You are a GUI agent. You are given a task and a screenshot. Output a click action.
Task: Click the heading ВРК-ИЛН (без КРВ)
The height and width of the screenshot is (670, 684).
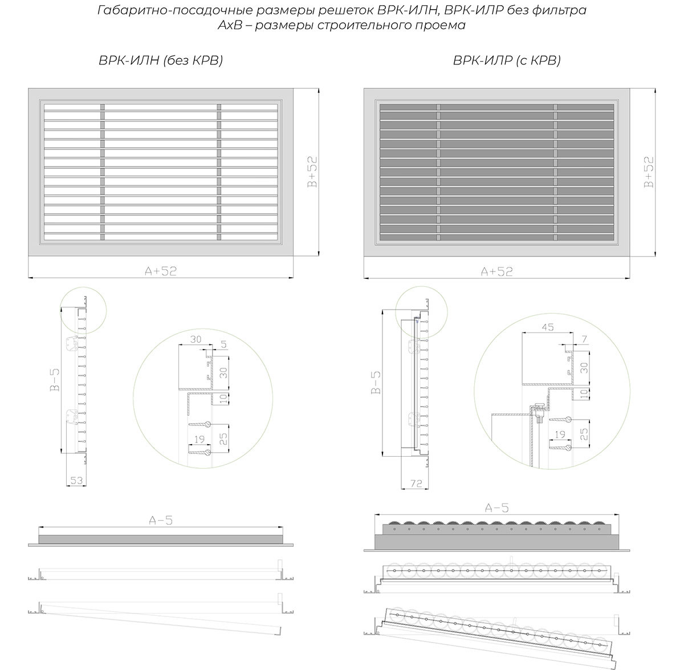pyautogui.click(x=161, y=61)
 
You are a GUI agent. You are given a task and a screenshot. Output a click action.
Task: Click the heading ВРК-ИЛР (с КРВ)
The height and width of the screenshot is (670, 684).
pyautogui.click(x=507, y=61)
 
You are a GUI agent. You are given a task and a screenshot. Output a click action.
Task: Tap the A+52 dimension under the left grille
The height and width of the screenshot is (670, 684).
pyautogui.click(x=161, y=271)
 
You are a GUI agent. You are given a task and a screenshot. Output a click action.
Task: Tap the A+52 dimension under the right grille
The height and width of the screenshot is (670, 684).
pyautogui.click(x=496, y=271)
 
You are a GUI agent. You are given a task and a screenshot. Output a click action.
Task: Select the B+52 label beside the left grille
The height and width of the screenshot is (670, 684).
pyautogui.click(x=312, y=172)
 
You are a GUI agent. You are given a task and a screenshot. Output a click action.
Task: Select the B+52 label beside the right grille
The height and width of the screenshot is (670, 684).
pyautogui.click(x=648, y=172)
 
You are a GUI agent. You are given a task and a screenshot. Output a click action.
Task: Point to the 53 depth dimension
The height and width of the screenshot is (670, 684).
pyautogui.click(x=76, y=480)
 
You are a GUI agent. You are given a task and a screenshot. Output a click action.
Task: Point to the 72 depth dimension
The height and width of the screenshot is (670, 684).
pyautogui.click(x=416, y=484)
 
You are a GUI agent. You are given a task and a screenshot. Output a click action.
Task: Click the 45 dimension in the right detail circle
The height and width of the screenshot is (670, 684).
pyautogui.click(x=548, y=327)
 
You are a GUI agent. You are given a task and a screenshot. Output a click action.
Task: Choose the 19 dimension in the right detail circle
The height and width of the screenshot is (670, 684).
pyautogui.click(x=560, y=435)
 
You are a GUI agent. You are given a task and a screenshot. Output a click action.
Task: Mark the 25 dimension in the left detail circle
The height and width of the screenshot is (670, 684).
pyautogui.click(x=223, y=438)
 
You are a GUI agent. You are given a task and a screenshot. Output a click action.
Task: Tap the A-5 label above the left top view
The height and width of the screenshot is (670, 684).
pyautogui.click(x=161, y=520)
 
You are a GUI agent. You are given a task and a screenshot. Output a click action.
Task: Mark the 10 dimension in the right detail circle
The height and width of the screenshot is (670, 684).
pyautogui.click(x=583, y=393)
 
